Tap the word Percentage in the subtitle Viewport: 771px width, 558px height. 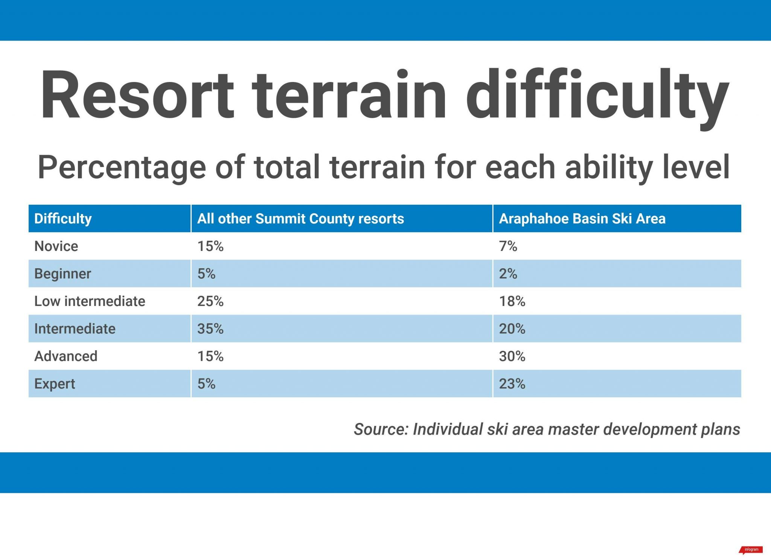[x=122, y=167]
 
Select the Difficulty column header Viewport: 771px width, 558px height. [x=63, y=219]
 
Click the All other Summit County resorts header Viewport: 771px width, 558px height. [x=300, y=219]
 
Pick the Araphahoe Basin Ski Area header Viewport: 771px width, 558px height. [x=582, y=219]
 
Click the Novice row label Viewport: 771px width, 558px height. [x=56, y=246]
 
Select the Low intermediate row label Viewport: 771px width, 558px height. [x=90, y=301]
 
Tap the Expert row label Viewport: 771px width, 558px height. [x=55, y=384]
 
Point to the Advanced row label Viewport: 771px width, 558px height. [x=66, y=356]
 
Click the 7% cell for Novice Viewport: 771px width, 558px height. [x=508, y=246]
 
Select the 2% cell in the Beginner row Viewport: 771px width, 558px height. [x=508, y=274]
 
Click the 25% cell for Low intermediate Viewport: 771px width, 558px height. [x=210, y=301]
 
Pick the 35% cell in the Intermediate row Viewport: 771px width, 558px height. [x=210, y=328]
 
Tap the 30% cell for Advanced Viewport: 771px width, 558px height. [x=512, y=356]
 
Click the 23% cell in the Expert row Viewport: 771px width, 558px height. [x=512, y=384]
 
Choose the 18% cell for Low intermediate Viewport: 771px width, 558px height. [x=512, y=301]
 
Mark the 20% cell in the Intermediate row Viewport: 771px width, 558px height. [x=512, y=328]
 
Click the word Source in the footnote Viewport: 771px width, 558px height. [x=381, y=429]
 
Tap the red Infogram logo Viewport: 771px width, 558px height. [x=751, y=550]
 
